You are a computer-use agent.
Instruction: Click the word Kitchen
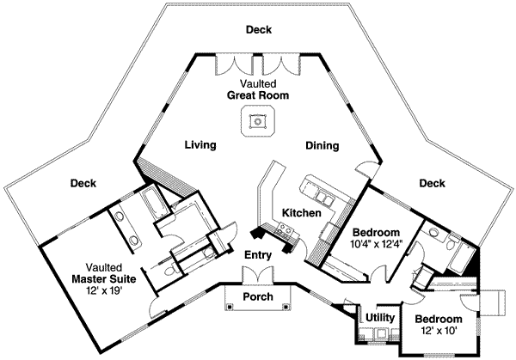302,212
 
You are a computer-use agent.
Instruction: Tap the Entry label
258,255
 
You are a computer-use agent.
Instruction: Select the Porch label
258,297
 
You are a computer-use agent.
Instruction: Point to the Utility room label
380,318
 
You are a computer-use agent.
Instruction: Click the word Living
200,146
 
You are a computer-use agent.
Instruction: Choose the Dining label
322,146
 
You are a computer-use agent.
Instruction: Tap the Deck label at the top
258,30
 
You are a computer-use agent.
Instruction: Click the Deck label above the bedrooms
432,183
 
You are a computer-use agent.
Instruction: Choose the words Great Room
258,95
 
